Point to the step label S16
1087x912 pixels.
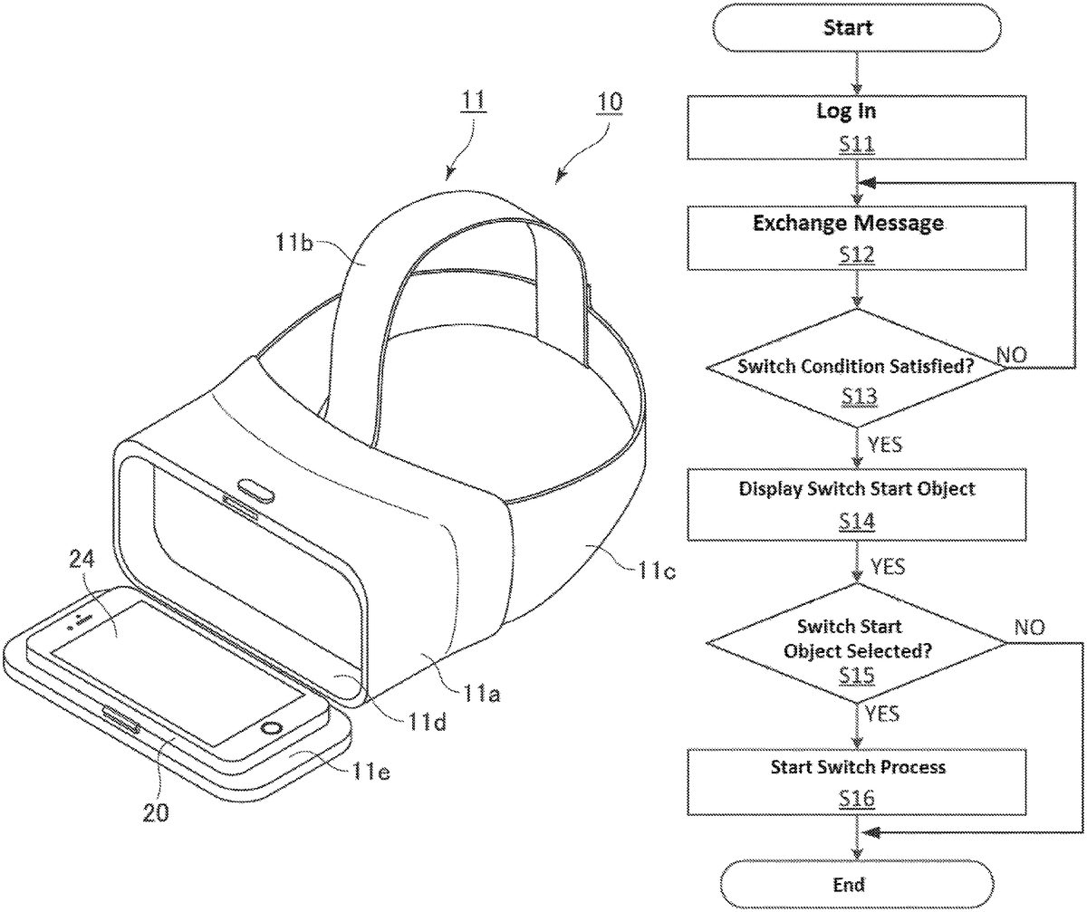coord(857,797)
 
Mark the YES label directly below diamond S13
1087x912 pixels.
coord(883,444)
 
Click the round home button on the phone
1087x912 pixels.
coord(269,729)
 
